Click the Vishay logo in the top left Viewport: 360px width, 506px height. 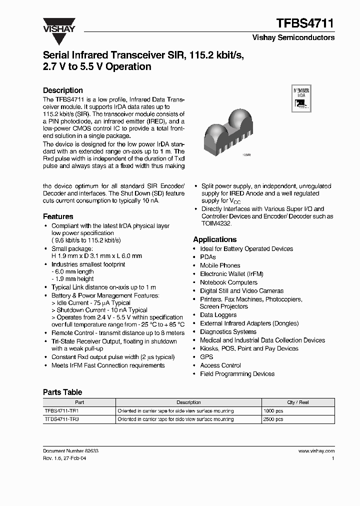58,25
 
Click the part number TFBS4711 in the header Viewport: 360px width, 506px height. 305,23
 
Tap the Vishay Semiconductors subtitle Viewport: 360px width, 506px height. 293,37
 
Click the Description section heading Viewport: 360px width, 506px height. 63,90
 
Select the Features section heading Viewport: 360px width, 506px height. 58,216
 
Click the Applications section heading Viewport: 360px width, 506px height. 215,239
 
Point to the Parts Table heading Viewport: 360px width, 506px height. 62,392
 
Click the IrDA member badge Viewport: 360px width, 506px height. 300,98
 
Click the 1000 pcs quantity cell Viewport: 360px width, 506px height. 273,411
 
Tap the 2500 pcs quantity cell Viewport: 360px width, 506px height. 273,419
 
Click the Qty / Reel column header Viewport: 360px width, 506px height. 298,402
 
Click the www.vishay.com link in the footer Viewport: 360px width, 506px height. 316,451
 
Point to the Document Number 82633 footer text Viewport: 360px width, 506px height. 70,451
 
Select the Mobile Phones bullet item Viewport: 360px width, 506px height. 220,265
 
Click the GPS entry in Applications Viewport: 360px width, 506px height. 206,357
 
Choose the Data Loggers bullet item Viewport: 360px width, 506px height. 218,315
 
